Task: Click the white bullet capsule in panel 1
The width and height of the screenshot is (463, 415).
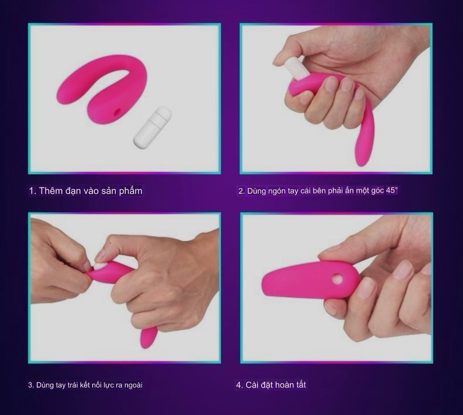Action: point(152,129)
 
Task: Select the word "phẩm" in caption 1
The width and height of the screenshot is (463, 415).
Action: point(131,191)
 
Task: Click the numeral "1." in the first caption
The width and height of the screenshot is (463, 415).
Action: point(33,191)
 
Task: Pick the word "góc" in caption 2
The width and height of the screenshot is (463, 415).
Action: point(378,191)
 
